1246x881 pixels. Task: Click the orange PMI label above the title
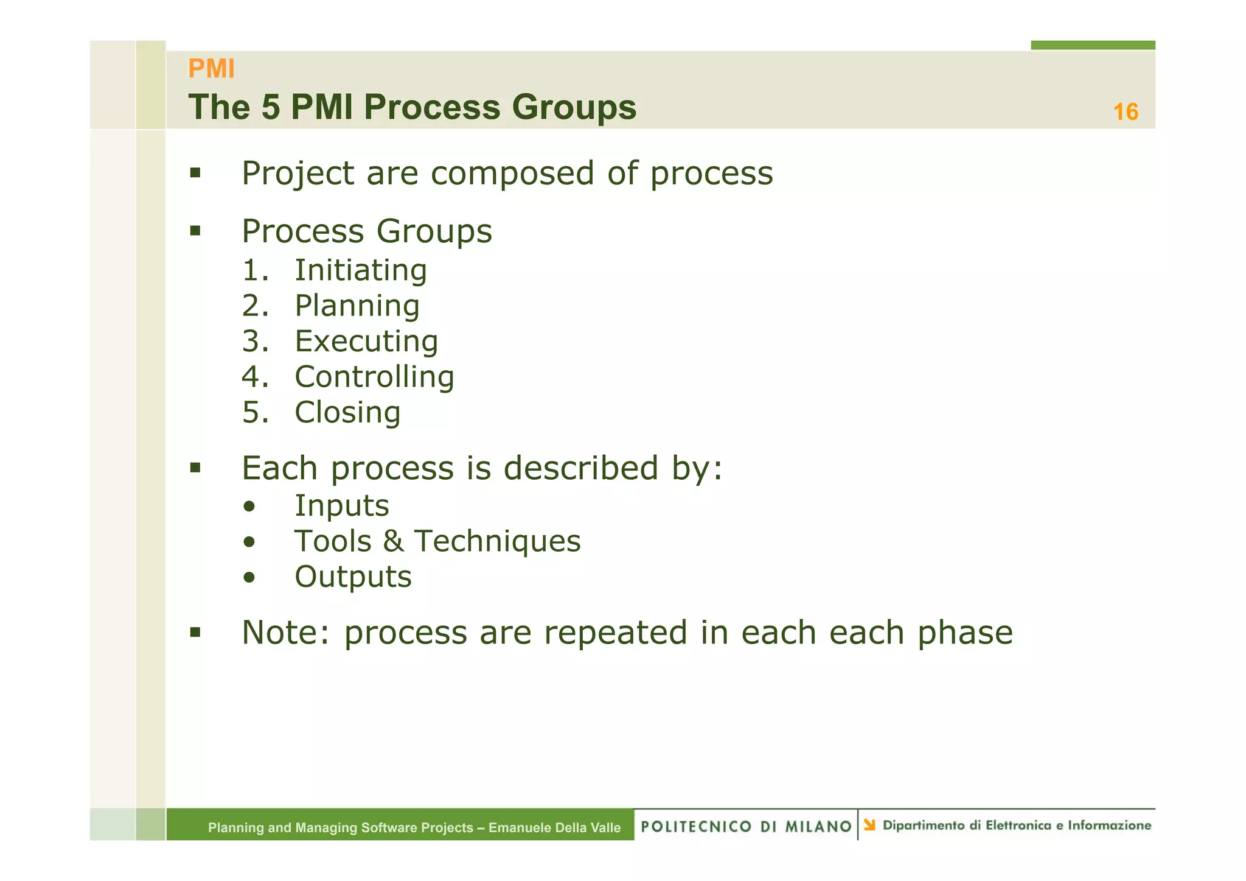[x=211, y=69]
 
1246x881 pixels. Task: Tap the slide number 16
[x=1125, y=112]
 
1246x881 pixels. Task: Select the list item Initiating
[x=360, y=270]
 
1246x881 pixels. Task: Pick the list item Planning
[x=357, y=306]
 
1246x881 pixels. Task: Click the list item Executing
[x=366, y=341]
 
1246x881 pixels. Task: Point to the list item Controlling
[x=374, y=377]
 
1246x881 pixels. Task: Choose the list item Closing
[x=347, y=412]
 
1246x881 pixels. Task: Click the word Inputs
[x=342, y=506]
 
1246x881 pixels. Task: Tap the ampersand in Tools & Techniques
[x=393, y=541]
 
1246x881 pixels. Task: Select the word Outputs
[x=353, y=577]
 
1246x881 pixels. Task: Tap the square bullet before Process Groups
[x=195, y=231]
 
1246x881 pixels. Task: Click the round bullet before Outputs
[x=249, y=577]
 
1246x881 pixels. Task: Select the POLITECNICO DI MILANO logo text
[x=746, y=826]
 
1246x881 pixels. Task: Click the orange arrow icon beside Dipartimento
[x=869, y=825]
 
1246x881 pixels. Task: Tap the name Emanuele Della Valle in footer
[x=554, y=827]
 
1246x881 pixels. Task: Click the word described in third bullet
[x=580, y=468]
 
